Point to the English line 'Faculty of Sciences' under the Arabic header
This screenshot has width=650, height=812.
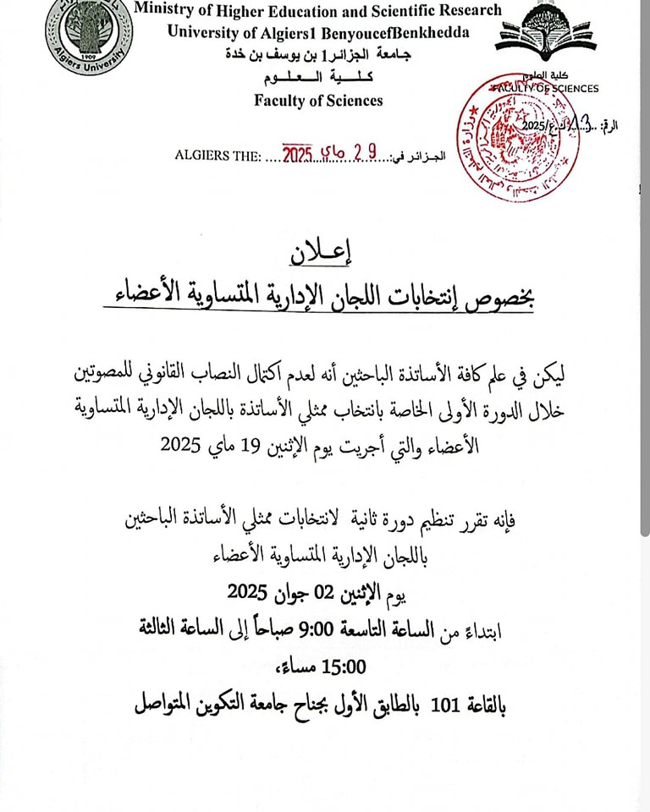click(x=318, y=101)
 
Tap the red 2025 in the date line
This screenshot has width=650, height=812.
click(x=298, y=155)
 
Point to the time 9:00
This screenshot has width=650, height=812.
click(x=358, y=628)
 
